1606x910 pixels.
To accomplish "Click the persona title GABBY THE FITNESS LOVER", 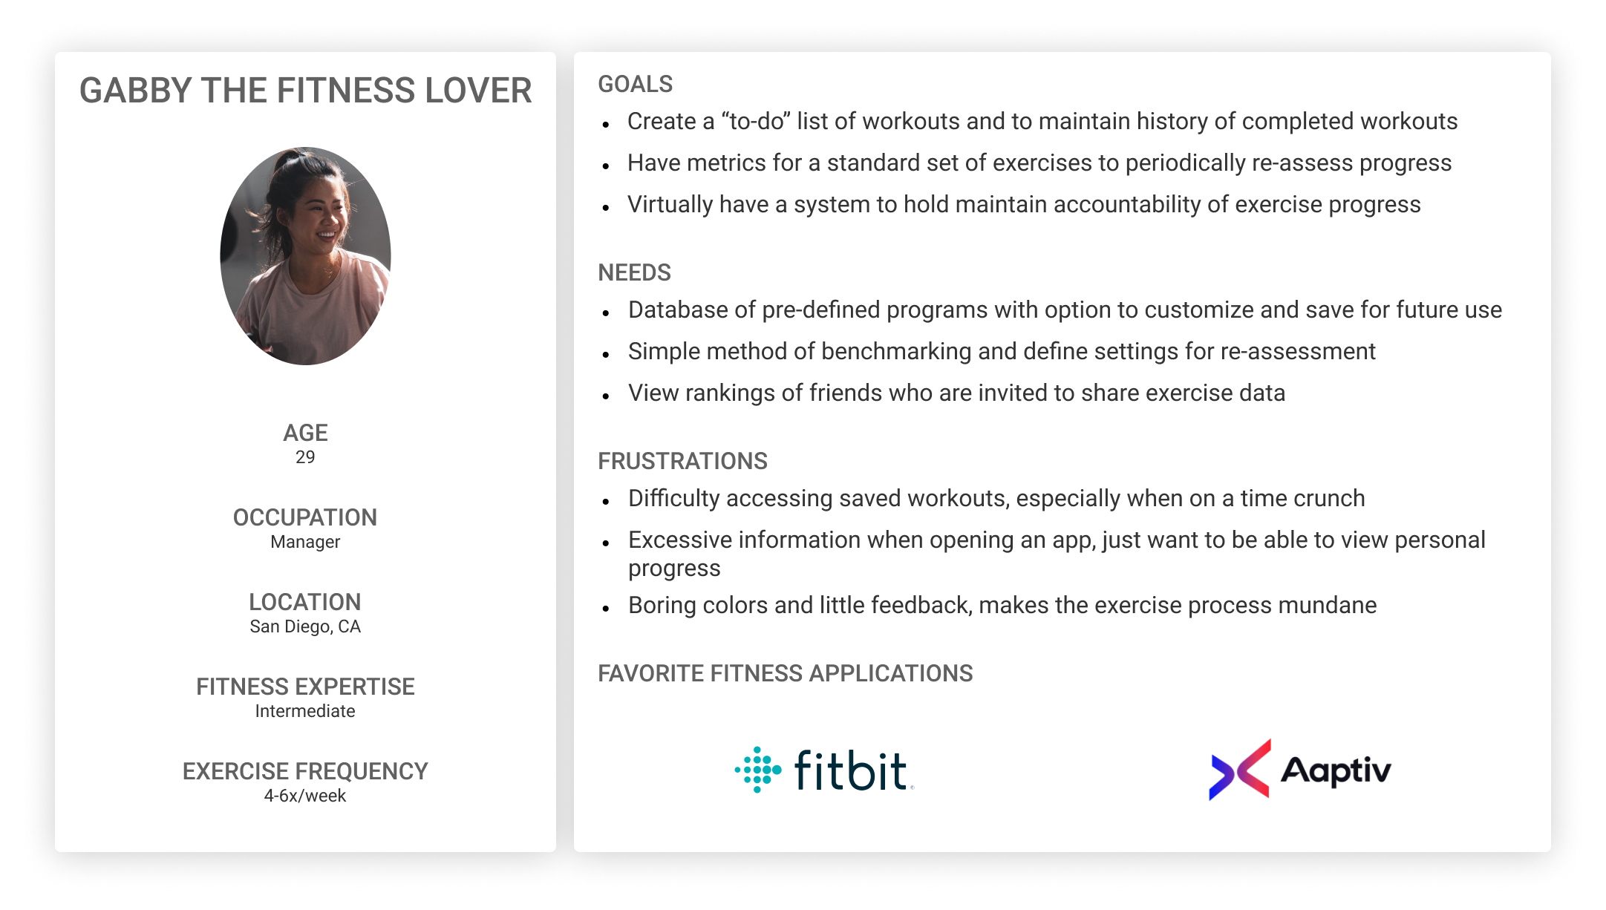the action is click(x=305, y=91).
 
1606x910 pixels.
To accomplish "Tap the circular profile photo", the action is click(x=305, y=256).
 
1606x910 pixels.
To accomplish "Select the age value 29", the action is click(x=305, y=457).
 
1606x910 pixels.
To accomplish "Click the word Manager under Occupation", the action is click(x=305, y=542).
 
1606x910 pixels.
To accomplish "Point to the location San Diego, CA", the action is click(x=305, y=626).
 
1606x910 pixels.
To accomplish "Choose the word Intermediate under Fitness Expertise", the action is click(x=305, y=711).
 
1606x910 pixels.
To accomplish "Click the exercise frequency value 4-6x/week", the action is click(x=305, y=796).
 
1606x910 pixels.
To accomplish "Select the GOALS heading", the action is click(x=636, y=84).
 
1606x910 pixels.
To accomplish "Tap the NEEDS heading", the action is click(x=635, y=272).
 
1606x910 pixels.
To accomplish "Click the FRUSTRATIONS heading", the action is click(x=683, y=461).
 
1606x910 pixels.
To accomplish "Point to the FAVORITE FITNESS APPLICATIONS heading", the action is click(x=786, y=673).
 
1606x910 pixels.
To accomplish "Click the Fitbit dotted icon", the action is click(x=758, y=770).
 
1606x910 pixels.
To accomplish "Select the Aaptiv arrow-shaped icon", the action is click(x=1240, y=769).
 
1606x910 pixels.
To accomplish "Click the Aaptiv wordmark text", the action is click(x=1336, y=771).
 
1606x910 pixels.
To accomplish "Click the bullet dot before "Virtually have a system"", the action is click(x=607, y=208).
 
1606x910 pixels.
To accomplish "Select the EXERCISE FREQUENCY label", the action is click(x=305, y=771).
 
